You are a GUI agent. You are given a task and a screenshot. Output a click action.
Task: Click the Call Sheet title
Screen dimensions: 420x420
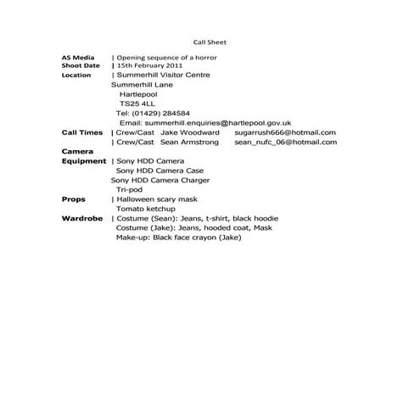210,42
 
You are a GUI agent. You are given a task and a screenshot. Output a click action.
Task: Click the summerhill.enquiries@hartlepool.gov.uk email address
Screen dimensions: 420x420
218,123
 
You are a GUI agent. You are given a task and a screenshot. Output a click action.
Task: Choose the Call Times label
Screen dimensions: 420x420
82,132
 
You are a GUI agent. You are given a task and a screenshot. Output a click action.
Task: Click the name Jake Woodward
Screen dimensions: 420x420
190,132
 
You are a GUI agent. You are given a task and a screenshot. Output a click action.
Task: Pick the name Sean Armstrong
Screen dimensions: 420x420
189,143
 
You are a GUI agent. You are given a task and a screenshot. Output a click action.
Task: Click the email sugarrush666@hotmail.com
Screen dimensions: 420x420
285,132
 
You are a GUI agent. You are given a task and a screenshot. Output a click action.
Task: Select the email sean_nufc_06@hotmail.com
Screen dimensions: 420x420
285,143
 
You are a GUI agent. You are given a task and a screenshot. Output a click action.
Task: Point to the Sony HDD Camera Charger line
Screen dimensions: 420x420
160,180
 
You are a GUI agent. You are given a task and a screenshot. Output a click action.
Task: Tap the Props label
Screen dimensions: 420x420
74,199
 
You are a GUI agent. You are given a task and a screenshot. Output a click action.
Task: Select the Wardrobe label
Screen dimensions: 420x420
82,219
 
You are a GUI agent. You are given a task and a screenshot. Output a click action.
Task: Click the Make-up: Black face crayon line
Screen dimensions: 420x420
179,238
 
